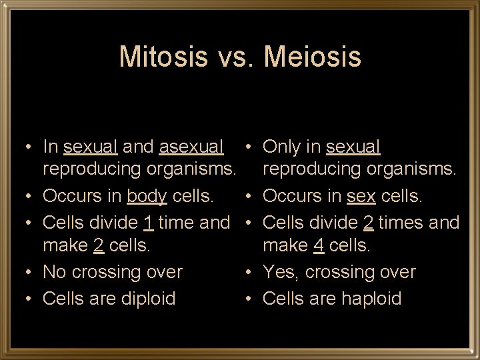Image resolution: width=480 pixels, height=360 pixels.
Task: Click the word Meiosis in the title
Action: coord(313,57)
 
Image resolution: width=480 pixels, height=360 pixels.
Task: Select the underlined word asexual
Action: coord(192,146)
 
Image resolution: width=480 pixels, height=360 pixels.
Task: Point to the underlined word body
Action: coord(147,196)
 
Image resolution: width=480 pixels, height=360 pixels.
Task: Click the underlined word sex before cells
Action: coord(361,196)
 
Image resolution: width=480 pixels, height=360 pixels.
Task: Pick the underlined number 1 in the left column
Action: coord(149,222)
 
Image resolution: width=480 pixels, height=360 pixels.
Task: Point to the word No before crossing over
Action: coord(55,272)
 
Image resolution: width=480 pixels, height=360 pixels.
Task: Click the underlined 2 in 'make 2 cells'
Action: coord(98,245)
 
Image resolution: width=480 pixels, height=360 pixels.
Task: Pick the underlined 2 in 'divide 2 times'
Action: coord(367,222)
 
